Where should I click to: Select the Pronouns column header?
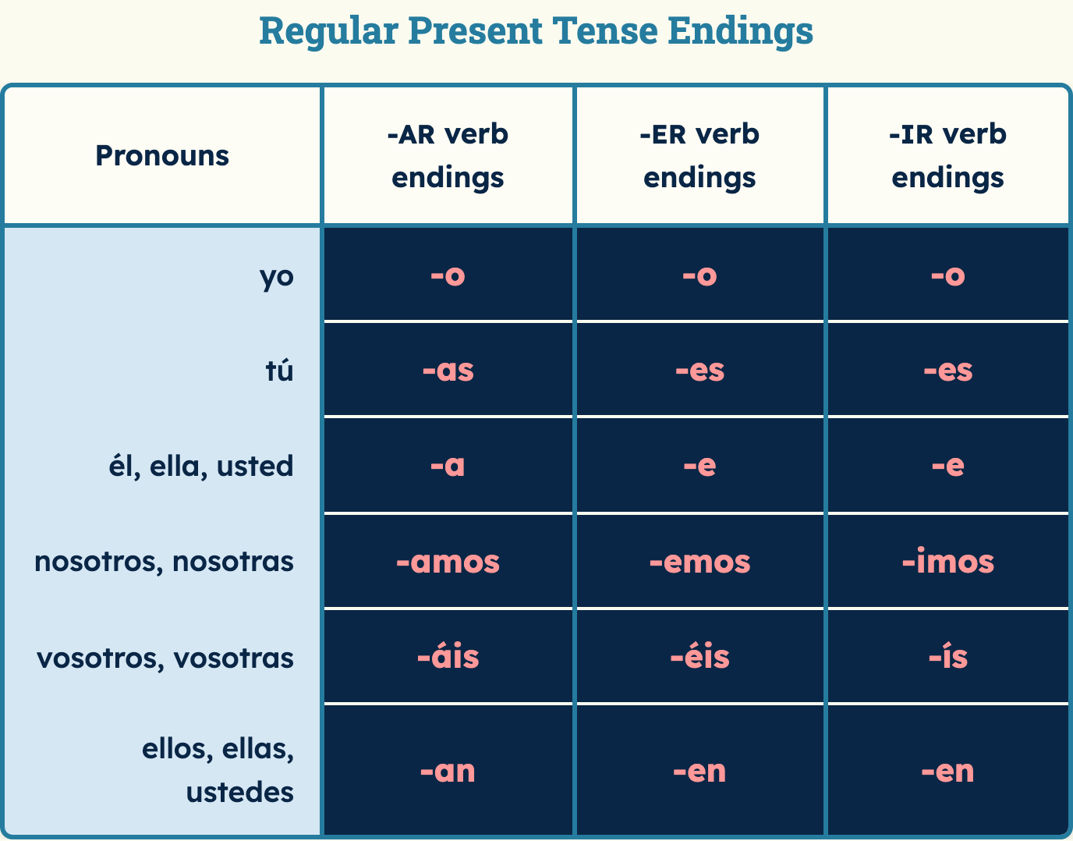162,156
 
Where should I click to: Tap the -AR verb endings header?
448,156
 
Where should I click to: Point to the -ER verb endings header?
699,156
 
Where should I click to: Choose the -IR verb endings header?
947,156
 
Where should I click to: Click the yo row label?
277,277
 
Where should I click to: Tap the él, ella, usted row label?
201,466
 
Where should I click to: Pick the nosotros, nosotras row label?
164,562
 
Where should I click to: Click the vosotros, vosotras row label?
165,658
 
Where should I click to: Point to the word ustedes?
239,792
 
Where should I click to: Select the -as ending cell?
448,371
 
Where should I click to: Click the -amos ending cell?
448,562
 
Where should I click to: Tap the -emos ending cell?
699,562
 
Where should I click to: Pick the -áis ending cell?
448,656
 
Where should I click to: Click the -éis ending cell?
699,656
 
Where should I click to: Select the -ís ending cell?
948,656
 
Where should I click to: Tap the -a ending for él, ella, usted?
448,466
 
